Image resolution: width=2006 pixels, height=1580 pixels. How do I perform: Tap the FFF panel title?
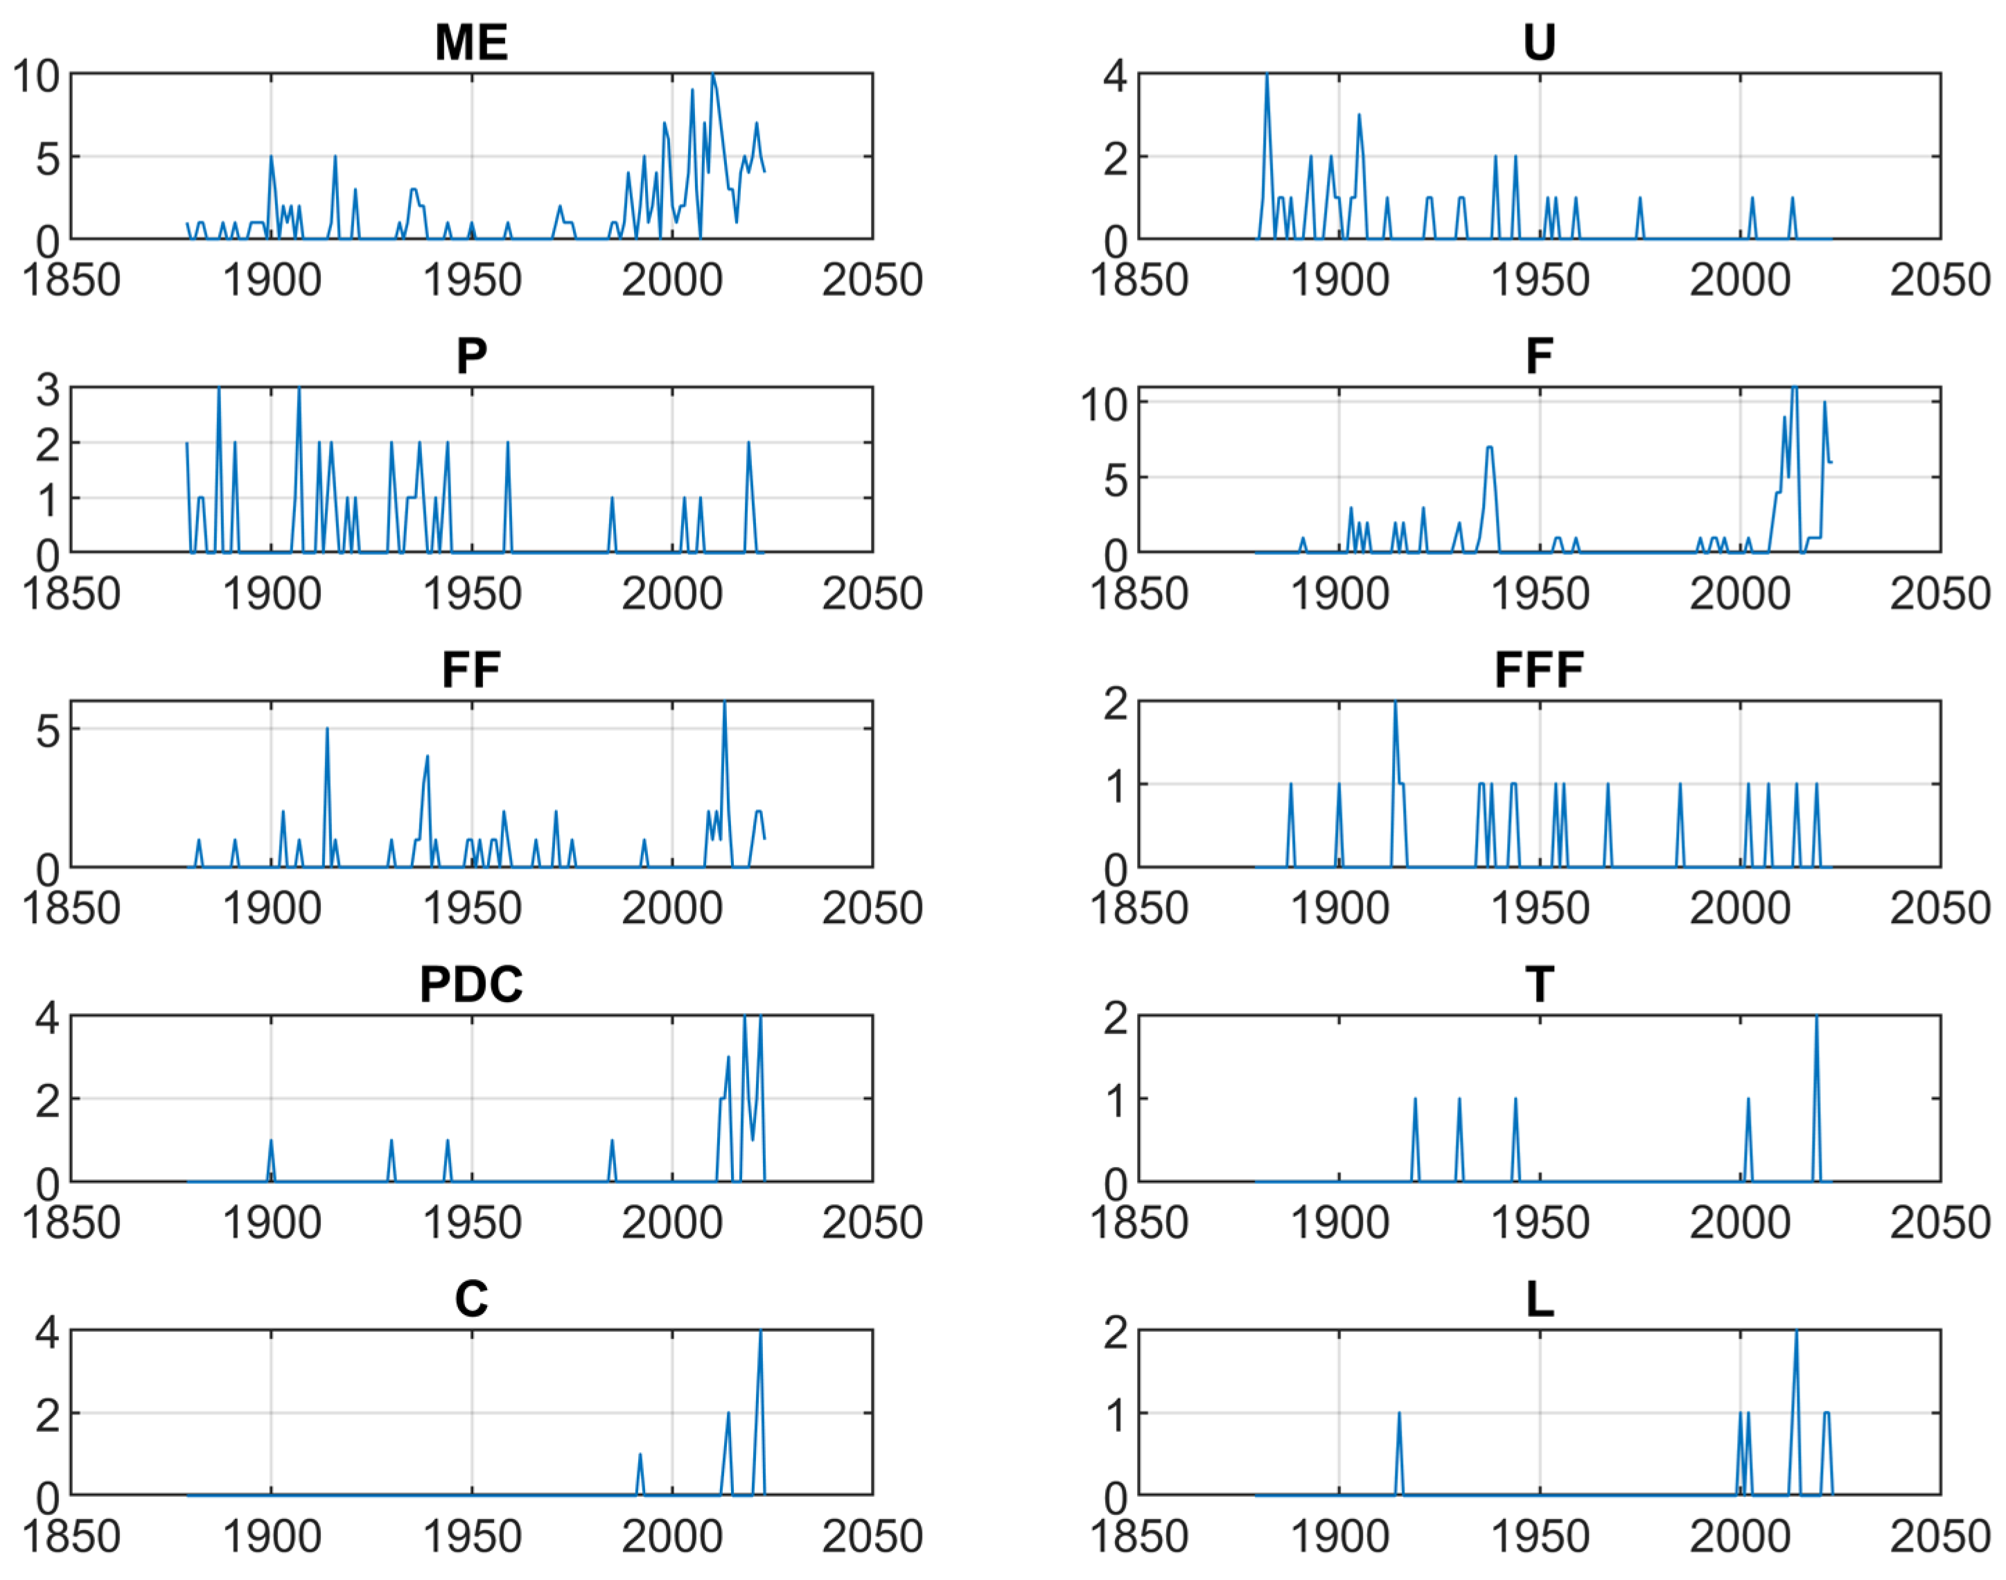pyautogui.click(x=1538, y=669)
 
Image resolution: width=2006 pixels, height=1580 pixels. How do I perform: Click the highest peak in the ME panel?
pyautogui.click(x=712, y=76)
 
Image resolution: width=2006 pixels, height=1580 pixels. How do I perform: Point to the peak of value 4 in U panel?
pyautogui.click(x=1266, y=76)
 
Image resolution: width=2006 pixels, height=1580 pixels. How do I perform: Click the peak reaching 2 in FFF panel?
pyautogui.click(x=1395, y=704)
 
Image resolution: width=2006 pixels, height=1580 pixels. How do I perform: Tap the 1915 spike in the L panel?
pyautogui.click(x=1398, y=1414)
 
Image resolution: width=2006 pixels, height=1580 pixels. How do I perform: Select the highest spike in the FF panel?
pyautogui.click(x=724, y=704)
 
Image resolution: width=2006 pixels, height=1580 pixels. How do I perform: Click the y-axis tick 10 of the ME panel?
pyautogui.click(x=35, y=76)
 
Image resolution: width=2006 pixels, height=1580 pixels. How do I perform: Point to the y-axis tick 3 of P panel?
pyautogui.click(x=47, y=389)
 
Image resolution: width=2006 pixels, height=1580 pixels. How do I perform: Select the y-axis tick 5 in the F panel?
pyautogui.click(x=1116, y=479)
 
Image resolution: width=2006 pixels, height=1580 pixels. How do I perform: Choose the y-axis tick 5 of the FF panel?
pyautogui.click(x=47, y=731)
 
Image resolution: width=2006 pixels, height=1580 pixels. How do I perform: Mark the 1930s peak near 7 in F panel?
pyautogui.click(x=1489, y=448)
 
